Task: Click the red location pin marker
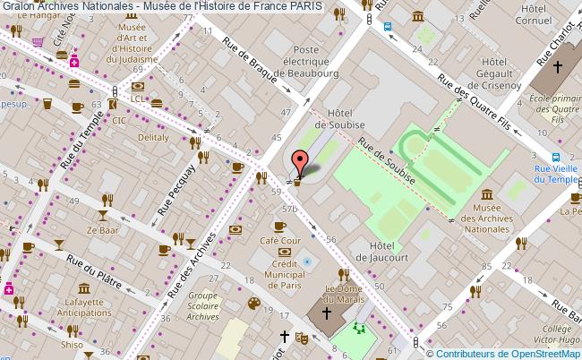point(301,163)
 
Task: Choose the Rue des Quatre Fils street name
point(476,99)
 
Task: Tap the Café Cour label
point(279,241)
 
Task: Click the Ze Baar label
point(103,230)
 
